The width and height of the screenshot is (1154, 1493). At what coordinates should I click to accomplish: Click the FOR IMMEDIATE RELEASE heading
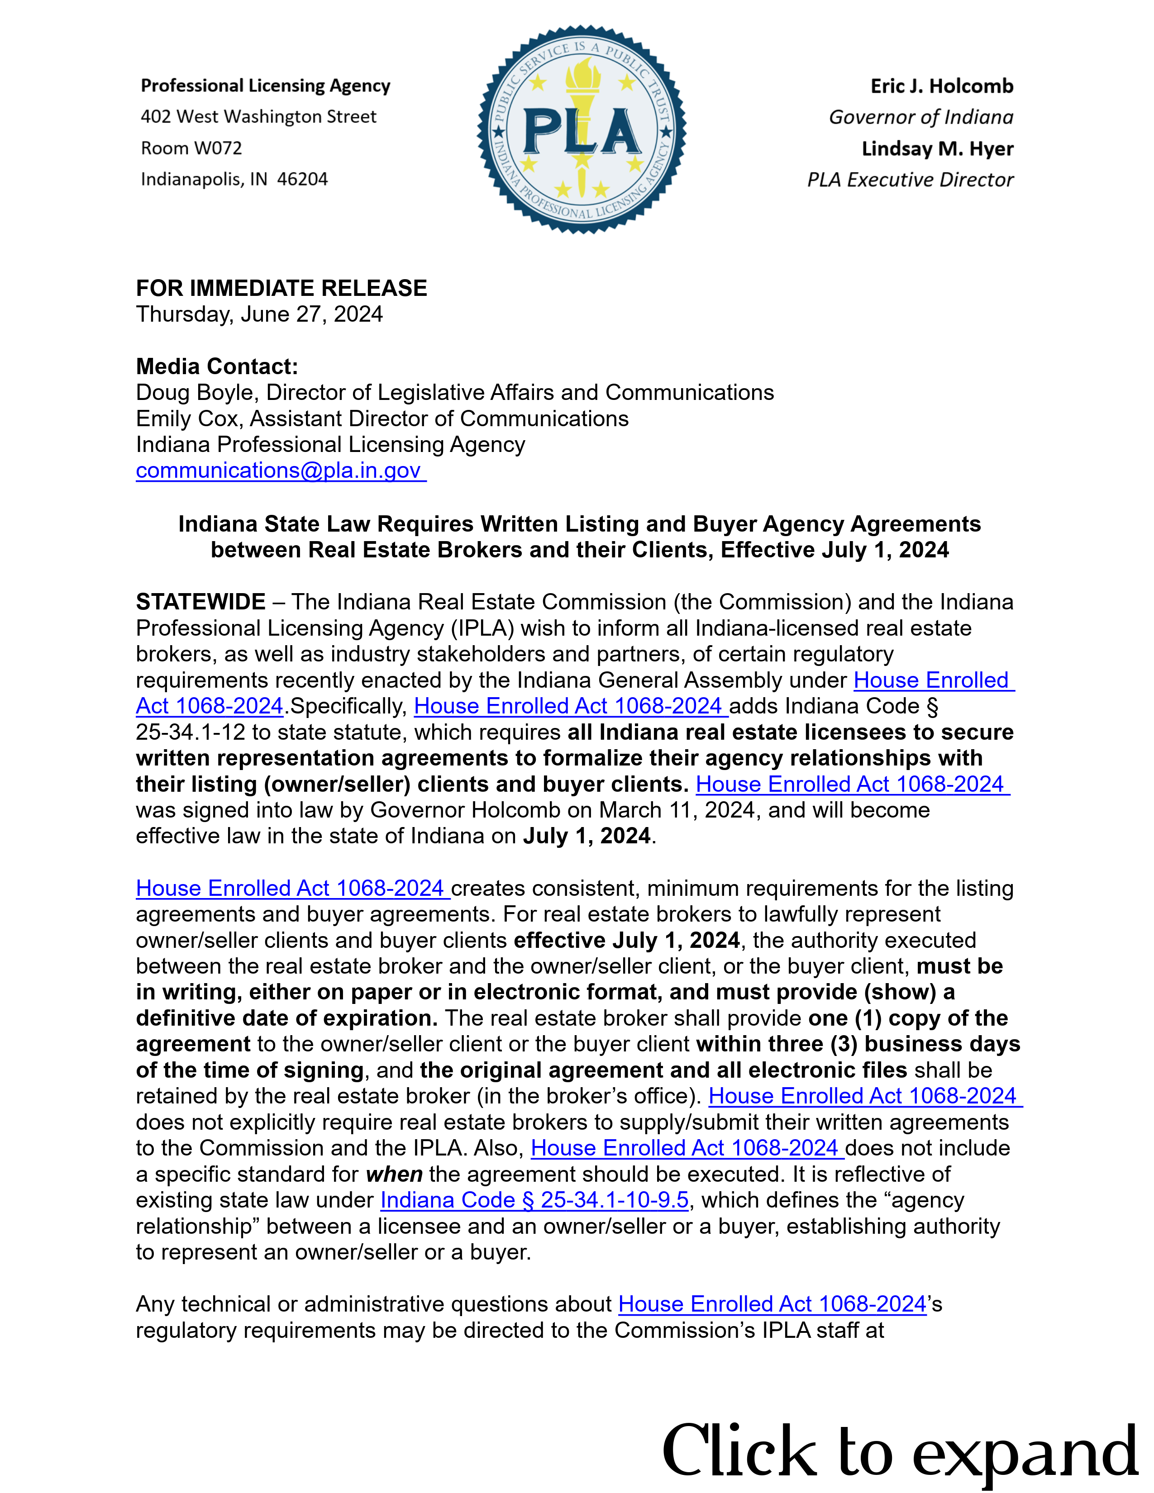281,288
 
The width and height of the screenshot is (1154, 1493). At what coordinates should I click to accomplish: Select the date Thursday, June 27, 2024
259,314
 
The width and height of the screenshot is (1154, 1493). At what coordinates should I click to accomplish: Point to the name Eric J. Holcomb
941,86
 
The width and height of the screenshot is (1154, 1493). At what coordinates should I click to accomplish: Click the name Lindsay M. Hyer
937,148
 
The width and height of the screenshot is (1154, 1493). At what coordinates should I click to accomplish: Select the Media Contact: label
217,366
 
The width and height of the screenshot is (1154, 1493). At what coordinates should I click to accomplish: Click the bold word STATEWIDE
200,602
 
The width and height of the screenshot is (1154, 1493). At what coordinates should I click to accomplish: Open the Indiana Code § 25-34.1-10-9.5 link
534,1200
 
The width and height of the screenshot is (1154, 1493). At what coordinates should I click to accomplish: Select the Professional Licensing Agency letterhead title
265,86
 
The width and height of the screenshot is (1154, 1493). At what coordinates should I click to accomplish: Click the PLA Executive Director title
910,180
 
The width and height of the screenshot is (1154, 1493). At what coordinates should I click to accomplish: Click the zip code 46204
302,179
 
